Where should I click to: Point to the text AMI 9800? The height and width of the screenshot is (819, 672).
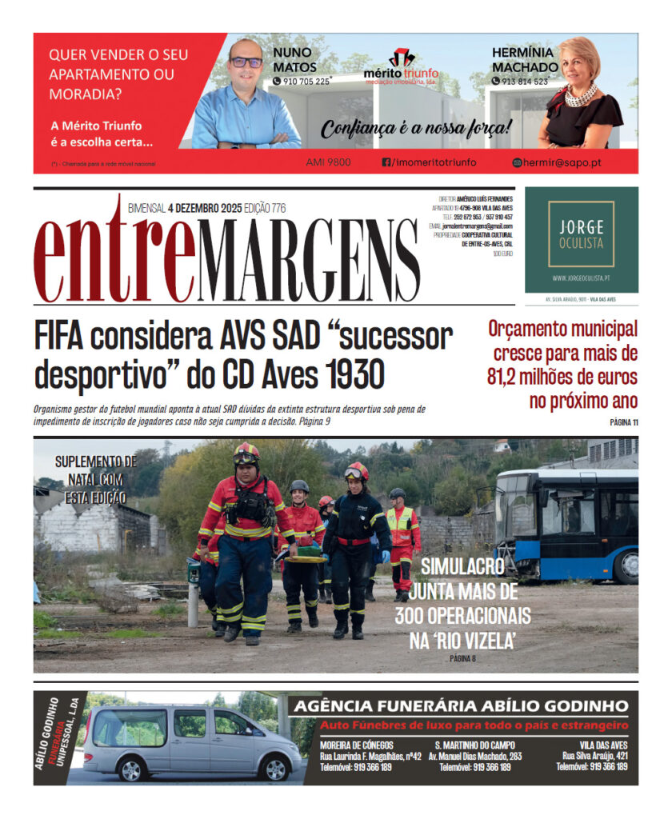tap(328, 162)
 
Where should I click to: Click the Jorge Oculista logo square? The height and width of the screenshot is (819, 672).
tap(582, 234)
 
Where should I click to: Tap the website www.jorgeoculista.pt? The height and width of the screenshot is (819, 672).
tap(582, 279)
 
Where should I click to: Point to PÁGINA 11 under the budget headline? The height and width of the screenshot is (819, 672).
tap(623, 423)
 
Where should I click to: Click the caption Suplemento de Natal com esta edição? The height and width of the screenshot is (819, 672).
tap(90, 479)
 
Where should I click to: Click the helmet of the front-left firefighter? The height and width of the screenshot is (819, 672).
tap(246, 453)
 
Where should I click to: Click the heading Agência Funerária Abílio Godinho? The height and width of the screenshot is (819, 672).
tap(460, 706)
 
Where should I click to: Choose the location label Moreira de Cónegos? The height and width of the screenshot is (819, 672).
tap(357, 745)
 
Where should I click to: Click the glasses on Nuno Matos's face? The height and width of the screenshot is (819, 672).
tap(246, 62)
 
